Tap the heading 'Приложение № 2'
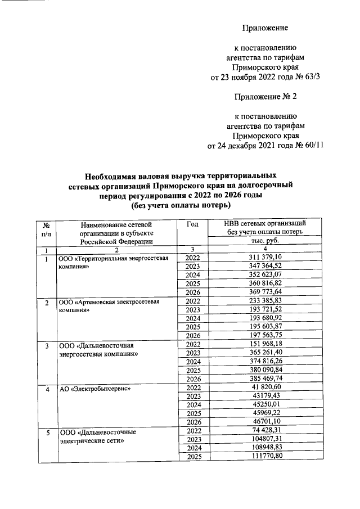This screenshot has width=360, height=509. click(x=265, y=97)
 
